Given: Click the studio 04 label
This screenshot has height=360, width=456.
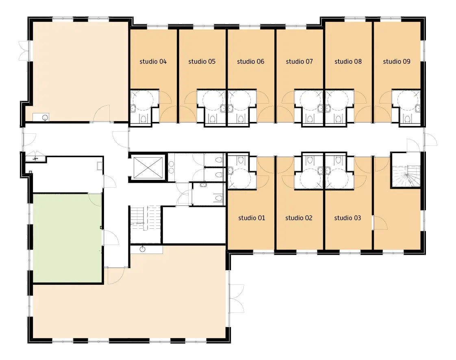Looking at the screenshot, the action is (x=153, y=61).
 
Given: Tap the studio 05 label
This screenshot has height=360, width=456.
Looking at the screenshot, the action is (x=202, y=61).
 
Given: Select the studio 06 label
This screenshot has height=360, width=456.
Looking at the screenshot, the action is (x=251, y=61).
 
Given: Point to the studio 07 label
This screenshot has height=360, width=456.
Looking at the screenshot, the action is (x=299, y=61).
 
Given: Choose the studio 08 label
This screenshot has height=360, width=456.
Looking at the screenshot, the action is (x=348, y=61).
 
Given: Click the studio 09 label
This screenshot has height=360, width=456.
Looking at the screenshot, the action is (x=397, y=61).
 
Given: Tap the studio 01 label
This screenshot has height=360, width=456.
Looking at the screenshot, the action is (x=252, y=218).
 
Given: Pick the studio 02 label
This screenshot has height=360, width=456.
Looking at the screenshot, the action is (x=299, y=218).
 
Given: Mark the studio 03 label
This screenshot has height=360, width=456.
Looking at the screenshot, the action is (x=347, y=218).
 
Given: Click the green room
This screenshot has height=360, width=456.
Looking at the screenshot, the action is (x=67, y=238).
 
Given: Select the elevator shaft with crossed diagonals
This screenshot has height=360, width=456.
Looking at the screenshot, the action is (x=148, y=167).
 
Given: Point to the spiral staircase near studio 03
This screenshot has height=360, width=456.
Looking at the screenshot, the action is (x=406, y=176).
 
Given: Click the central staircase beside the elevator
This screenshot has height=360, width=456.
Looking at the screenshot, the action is (x=145, y=224).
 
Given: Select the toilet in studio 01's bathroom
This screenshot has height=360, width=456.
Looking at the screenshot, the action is (x=241, y=160).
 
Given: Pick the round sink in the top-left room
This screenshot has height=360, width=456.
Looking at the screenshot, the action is (x=45, y=117).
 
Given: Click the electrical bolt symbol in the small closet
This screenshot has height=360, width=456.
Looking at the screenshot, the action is (x=36, y=158).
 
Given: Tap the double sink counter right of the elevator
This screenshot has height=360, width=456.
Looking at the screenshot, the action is (x=171, y=167).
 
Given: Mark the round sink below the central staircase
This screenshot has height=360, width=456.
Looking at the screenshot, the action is (x=143, y=249).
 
